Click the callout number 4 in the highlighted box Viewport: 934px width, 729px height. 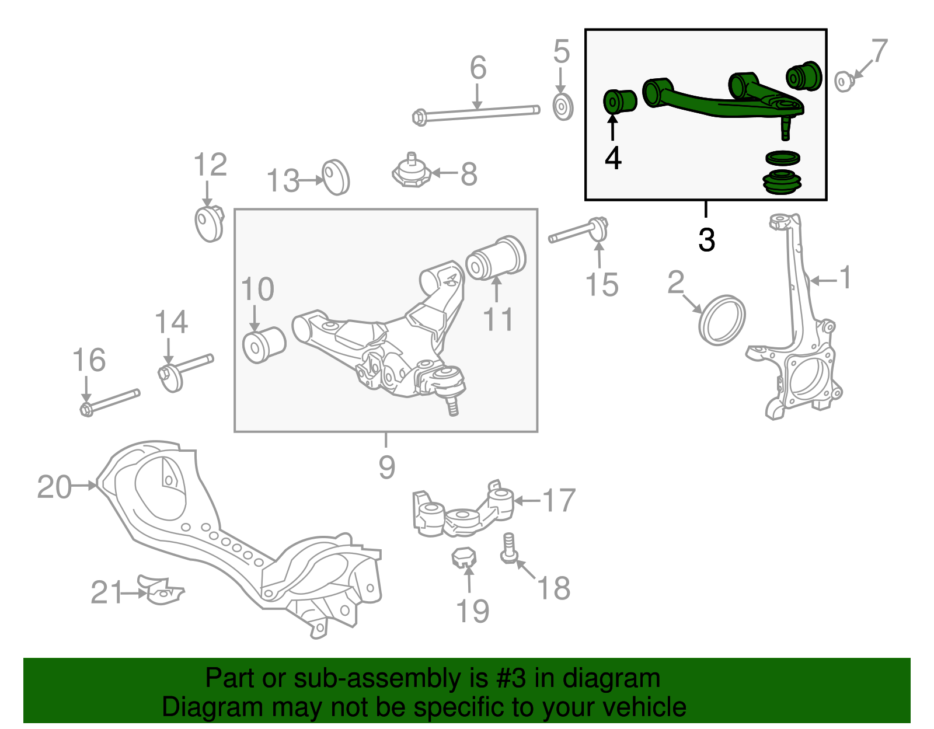click(613, 158)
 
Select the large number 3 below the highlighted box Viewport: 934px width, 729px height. click(706, 240)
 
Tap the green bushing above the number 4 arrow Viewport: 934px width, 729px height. click(619, 102)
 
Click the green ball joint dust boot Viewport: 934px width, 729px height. click(783, 182)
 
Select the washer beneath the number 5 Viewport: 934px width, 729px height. click(563, 107)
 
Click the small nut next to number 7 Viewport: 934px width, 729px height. click(843, 81)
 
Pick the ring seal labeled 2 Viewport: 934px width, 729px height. click(722, 320)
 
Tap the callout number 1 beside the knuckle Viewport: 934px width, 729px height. click(845, 278)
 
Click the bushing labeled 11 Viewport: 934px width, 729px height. click(497, 258)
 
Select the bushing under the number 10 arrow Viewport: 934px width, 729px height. click(264, 345)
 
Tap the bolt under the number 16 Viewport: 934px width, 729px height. click(110, 402)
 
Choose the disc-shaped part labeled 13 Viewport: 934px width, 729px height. click(336, 176)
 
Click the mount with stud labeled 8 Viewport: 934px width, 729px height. click(412, 171)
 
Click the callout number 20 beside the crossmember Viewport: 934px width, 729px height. click(54, 487)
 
